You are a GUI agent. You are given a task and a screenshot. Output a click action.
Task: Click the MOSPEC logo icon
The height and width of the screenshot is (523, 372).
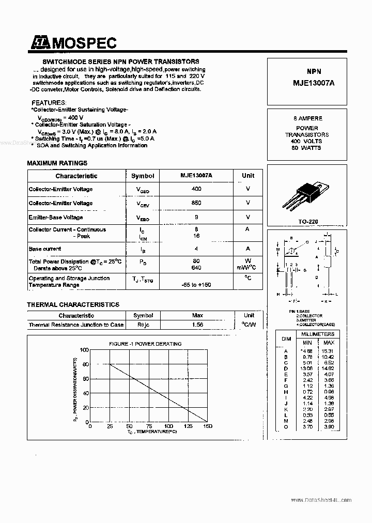point(39,43)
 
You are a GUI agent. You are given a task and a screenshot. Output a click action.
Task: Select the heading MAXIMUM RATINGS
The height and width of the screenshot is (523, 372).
point(57,163)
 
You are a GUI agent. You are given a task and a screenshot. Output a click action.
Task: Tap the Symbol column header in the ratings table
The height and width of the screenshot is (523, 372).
point(143,176)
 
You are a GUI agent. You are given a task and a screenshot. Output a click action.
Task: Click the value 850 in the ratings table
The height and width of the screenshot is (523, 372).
point(196,203)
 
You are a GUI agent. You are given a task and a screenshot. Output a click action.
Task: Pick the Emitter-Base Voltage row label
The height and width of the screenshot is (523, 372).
point(56,218)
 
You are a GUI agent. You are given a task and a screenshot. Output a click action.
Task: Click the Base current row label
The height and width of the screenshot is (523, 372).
point(45,249)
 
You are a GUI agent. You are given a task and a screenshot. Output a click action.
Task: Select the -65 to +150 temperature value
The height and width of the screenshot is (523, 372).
point(196,285)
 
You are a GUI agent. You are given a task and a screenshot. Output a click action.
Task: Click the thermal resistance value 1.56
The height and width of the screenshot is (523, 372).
point(197,325)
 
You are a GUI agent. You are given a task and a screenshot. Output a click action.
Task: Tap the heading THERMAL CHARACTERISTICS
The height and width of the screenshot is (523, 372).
point(73,305)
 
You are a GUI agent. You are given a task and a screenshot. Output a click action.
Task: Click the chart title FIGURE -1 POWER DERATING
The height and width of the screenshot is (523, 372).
point(145,344)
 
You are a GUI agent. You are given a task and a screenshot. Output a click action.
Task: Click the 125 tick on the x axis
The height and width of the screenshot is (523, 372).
point(188,426)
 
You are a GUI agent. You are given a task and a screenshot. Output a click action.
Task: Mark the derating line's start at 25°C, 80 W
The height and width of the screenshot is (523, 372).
point(110,364)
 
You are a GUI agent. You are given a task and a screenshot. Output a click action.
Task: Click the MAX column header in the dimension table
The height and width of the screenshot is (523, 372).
point(329,343)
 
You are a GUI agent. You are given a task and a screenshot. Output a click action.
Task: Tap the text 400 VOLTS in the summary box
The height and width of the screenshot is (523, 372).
point(306,141)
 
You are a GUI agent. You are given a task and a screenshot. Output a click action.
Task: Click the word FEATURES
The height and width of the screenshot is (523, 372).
point(49,103)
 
